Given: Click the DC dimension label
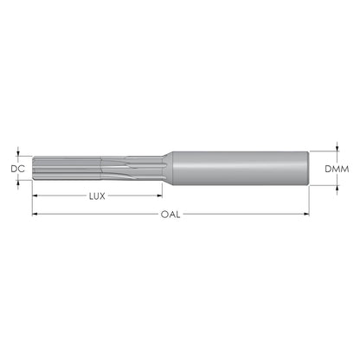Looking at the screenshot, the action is coord(18,169).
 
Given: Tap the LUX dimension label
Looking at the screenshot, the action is coord(97,196).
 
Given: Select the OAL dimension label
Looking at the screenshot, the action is coord(170,215).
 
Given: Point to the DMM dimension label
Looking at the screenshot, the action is coord(337,169).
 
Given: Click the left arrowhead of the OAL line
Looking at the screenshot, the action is coord(35,214).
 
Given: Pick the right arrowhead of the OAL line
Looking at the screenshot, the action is coord(306,214).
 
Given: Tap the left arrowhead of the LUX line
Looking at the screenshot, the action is coord(35,196).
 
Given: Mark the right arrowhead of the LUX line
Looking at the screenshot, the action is coord(159,196).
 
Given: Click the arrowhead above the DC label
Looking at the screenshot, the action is coord(18,153).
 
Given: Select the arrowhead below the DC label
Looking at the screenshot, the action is coord(18,183).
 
